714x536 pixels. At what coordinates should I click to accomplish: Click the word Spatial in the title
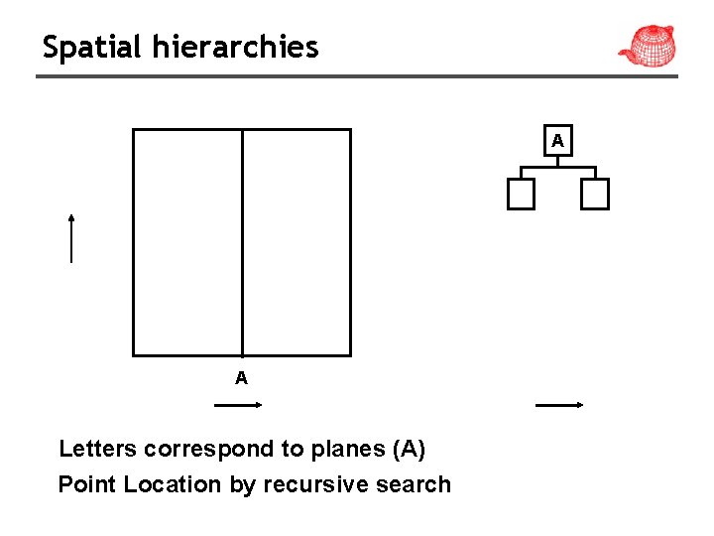91,47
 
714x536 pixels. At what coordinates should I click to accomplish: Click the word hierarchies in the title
235,47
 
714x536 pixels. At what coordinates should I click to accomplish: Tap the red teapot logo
647,46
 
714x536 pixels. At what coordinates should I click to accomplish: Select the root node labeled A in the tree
558,141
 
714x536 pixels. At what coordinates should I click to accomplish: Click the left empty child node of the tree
521,195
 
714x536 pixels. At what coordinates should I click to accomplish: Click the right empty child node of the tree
595,195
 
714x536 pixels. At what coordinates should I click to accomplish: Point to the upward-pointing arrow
71,238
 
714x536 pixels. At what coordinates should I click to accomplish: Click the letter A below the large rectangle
241,378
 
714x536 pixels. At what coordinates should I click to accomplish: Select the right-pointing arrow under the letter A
237,405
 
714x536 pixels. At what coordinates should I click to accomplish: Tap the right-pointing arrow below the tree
558,405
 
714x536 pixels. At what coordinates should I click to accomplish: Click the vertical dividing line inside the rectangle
242,243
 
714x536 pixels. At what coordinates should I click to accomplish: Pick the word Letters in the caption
97,449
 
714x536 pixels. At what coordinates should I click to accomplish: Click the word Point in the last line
83,484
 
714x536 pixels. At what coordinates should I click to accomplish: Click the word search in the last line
417,484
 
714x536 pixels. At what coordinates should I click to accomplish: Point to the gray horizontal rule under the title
357,75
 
